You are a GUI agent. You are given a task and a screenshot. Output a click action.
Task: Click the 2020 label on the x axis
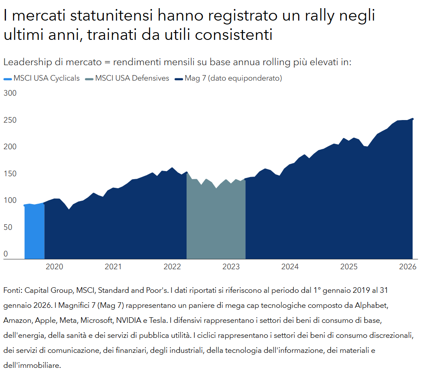[x=54, y=267]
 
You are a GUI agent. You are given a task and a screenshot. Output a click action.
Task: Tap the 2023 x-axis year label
[x=231, y=267]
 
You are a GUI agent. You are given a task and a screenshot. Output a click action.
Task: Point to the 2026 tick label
[x=408, y=267]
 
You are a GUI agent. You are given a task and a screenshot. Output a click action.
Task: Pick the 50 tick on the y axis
[x=7, y=227]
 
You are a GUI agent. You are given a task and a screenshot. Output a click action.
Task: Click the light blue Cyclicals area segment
[x=34, y=232]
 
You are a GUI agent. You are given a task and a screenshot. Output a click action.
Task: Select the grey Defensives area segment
[x=216, y=223]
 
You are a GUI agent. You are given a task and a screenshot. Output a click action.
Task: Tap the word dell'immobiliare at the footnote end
[x=32, y=365]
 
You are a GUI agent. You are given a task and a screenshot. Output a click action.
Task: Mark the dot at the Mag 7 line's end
[x=412, y=119]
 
